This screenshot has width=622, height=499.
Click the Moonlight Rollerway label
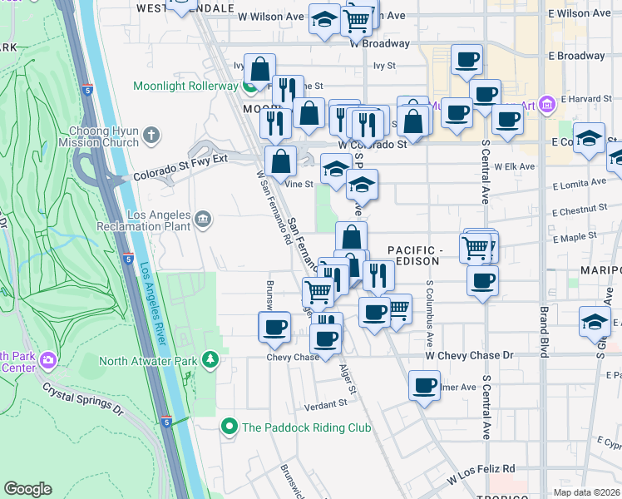(x=185, y=86)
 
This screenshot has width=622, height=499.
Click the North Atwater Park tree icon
(x=211, y=360)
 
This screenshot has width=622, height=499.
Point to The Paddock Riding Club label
(x=305, y=427)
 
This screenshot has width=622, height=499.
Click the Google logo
(x=28, y=489)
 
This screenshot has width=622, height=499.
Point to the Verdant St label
(x=325, y=404)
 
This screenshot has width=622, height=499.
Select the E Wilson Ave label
(x=580, y=14)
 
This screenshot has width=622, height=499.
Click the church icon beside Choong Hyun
(x=151, y=134)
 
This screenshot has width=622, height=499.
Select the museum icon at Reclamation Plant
(x=204, y=220)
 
